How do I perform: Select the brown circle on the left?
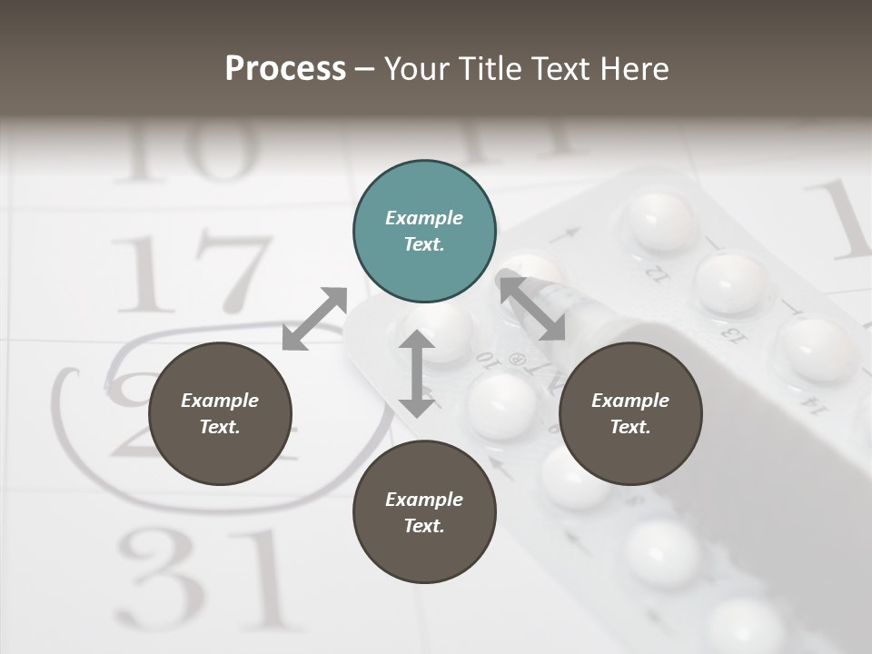click(x=220, y=413)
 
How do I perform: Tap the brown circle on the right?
click(x=630, y=413)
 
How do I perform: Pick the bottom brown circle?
click(x=424, y=512)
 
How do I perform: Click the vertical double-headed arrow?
click(x=417, y=373)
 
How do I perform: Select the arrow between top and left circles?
click(x=314, y=319)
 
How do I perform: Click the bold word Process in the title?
click(x=285, y=68)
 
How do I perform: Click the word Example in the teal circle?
click(x=424, y=218)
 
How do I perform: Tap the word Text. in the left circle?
click(x=220, y=427)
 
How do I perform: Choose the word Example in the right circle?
click(x=630, y=401)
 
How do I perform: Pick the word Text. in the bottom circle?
click(x=424, y=526)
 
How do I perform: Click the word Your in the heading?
click(x=417, y=68)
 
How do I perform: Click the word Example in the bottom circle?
click(x=424, y=500)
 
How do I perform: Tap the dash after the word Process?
click(x=364, y=69)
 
